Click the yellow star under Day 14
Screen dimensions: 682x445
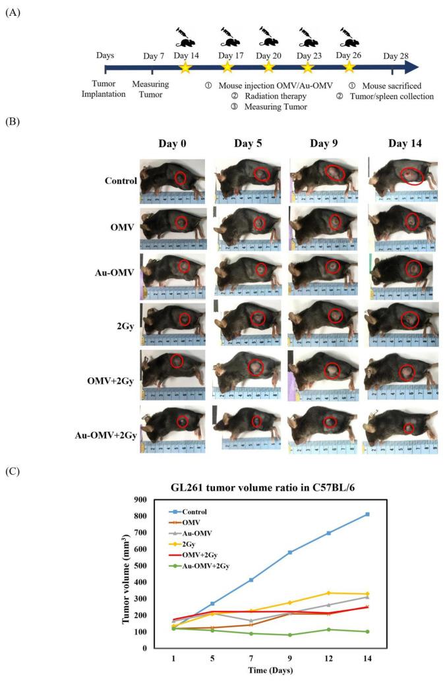tap(185, 67)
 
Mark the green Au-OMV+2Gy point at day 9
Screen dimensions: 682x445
tap(308, 635)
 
